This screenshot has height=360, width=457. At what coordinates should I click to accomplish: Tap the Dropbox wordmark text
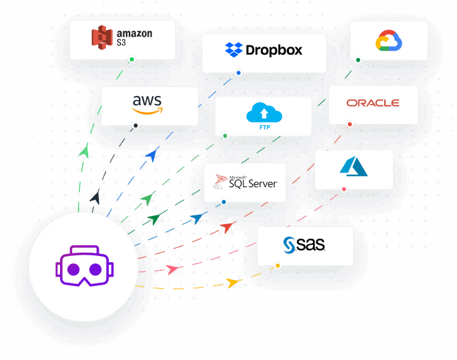tap(274, 50)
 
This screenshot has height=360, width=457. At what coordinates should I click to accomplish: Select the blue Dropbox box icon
tap(234, 49)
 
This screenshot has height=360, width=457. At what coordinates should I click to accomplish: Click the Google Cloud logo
tap(388, 41)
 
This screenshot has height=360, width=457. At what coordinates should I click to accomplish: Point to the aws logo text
tap(147, 102)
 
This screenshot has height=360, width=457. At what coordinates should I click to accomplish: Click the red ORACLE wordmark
tap(373, 103)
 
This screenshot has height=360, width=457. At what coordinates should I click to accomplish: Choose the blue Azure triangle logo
tap(354, 166)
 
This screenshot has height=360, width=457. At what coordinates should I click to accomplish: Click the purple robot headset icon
tap(83, 265)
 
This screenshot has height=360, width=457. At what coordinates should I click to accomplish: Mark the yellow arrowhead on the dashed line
tap(233, 283)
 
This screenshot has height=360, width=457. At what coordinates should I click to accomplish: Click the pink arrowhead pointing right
tap(173, 269)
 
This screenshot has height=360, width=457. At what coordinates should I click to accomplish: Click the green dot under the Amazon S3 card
tap(131, 59)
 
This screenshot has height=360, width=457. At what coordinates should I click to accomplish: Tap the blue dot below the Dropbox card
tap(238, 73)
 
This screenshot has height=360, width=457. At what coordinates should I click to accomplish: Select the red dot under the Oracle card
tap(350, 124)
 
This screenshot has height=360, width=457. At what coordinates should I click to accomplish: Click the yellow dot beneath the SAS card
tap(278, 266)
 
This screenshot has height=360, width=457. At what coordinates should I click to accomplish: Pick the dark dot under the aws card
tap(135, 125)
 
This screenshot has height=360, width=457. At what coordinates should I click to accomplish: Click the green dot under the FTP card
tap(225, 136)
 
